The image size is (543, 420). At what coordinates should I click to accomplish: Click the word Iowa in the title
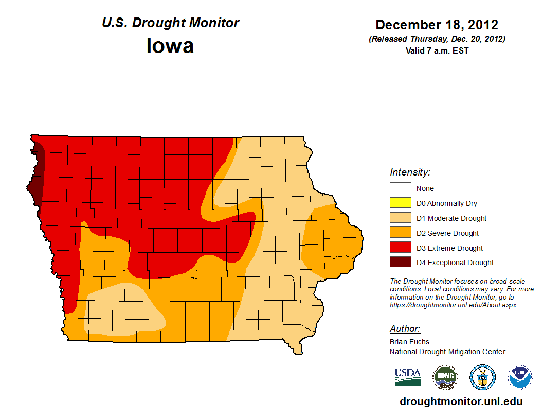(170, 46)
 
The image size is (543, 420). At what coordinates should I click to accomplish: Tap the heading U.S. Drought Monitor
(170, 23)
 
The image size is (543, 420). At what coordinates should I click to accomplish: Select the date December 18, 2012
(437, 25)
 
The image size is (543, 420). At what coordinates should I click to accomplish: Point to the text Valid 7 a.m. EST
(437, 50)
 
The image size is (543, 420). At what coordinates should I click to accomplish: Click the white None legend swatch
(400, 188)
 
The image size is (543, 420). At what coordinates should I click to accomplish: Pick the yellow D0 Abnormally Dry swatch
(400, 203)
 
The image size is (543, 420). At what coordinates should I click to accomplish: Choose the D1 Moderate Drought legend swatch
(400, 218)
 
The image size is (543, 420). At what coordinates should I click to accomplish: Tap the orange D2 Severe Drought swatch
(400, 233)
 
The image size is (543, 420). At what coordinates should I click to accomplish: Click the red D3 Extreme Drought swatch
(400, 248)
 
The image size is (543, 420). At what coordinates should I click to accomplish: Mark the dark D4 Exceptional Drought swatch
(400, 262)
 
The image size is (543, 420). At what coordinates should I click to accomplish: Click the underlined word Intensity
(410, 172)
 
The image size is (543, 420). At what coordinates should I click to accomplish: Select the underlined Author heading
(405, 329)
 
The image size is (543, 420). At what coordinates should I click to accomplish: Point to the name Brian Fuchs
(409, 342)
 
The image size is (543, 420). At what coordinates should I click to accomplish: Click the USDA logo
(408, 377)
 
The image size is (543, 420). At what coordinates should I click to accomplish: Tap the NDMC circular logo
(445, 377)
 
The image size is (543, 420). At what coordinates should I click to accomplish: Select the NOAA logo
(520, 377)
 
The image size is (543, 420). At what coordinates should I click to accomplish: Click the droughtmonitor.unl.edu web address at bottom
(461, 402)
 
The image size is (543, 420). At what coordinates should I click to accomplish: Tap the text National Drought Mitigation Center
(447, 352)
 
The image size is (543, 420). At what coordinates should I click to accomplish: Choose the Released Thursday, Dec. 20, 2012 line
(437, 39)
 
